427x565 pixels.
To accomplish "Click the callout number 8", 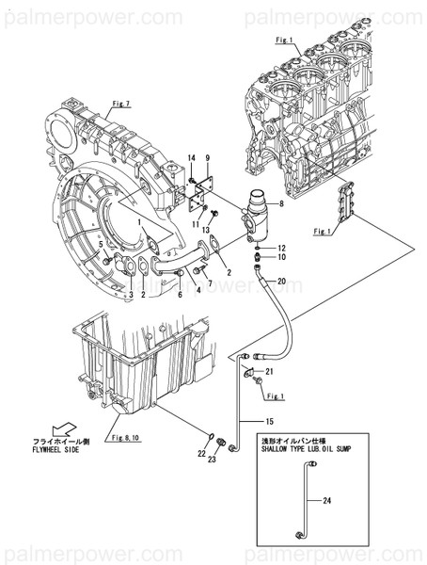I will (280, 203).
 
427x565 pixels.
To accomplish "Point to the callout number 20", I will (280, 280).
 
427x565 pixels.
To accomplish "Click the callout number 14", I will (190, 156).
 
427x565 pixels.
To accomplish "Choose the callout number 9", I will (208, 156).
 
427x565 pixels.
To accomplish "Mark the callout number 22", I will (202, 454).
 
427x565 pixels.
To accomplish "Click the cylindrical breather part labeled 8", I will (254, 217).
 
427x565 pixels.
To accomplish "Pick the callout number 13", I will (204, 230).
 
